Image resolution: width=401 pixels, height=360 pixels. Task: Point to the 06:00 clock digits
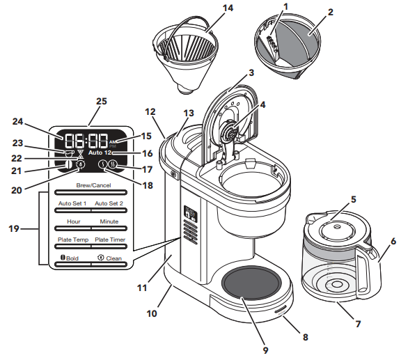coord(86,139)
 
